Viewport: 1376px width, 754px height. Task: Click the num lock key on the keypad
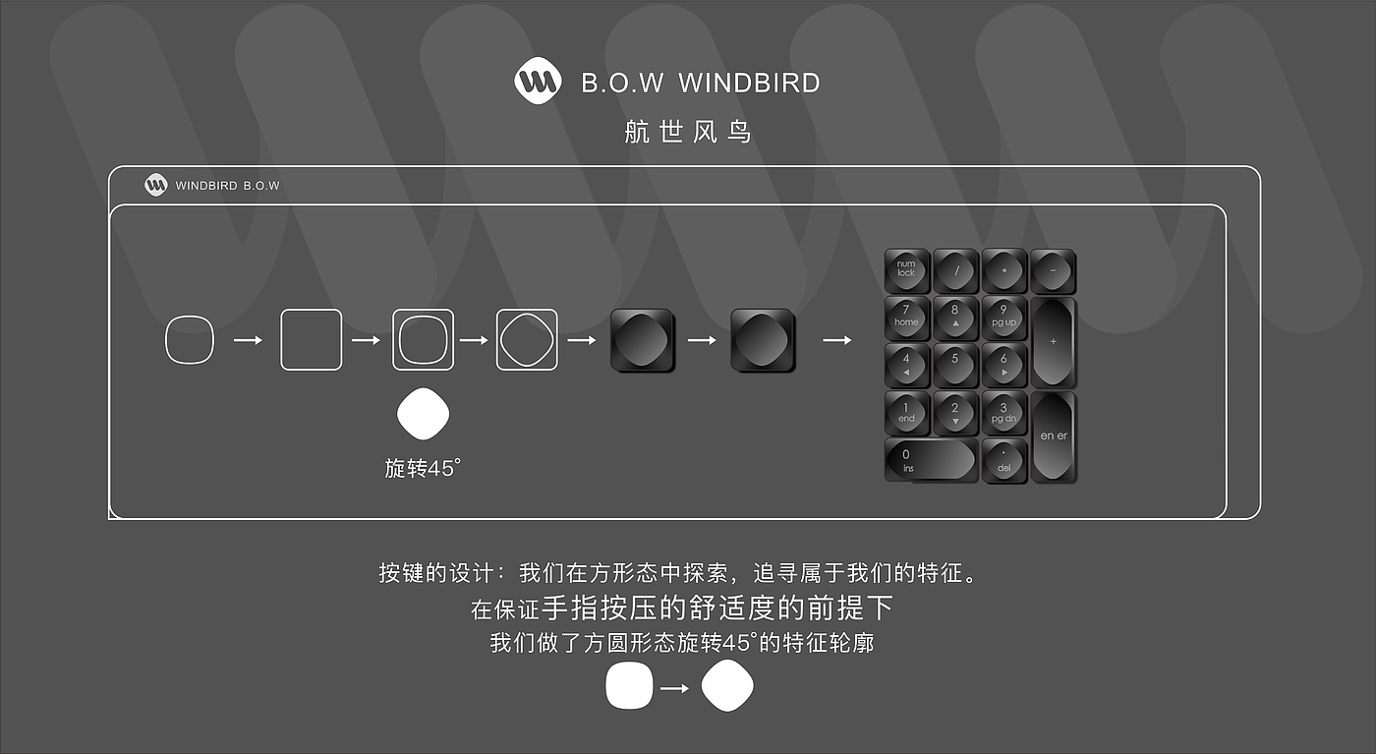point(906,270)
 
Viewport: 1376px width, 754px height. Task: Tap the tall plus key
point(1053,342)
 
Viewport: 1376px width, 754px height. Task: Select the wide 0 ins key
point(930,460)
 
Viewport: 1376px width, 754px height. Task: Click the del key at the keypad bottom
point(1003,460)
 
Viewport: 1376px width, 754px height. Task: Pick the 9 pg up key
point(1003,318)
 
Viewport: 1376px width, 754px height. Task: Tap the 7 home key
point(906,318)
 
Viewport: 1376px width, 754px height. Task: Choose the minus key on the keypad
point(1053,270)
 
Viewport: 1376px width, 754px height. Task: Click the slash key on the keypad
point(955,270)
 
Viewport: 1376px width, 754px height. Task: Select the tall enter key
point(1053,436)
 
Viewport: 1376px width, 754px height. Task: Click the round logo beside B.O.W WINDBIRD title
point(538,82)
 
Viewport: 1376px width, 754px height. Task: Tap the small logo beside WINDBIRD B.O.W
point(156,185)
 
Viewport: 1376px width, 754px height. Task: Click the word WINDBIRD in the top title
point(749,83)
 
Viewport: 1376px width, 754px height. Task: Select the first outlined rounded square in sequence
point(189,340)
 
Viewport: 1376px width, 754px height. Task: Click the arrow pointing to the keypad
point(836,340)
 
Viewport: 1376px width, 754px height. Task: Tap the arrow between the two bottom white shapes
point(674,688)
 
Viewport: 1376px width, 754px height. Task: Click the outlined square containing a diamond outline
point(527,340)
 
